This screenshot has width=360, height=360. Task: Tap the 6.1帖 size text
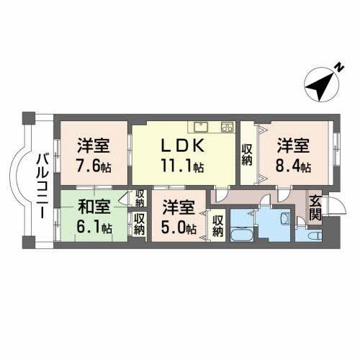[94, 228]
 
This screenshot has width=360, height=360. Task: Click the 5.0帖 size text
[179, 228]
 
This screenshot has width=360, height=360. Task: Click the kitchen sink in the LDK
[200, 127]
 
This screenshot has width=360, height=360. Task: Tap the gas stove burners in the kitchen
[225, 127]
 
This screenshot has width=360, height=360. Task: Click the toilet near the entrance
[314, 234]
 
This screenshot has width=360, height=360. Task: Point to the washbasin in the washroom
[285, 219]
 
